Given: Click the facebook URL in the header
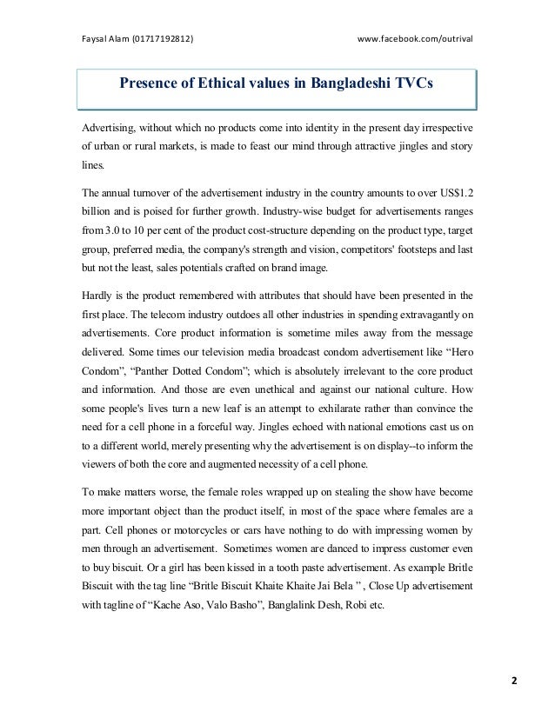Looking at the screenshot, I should (415, 38).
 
